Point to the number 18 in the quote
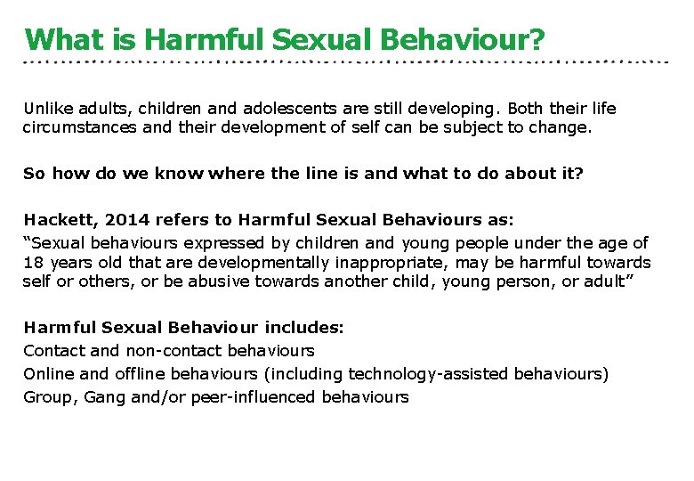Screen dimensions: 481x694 [x=33, y=262]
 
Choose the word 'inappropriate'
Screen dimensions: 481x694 [x=347, y=262]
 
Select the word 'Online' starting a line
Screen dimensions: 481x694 [x=49, y=374]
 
